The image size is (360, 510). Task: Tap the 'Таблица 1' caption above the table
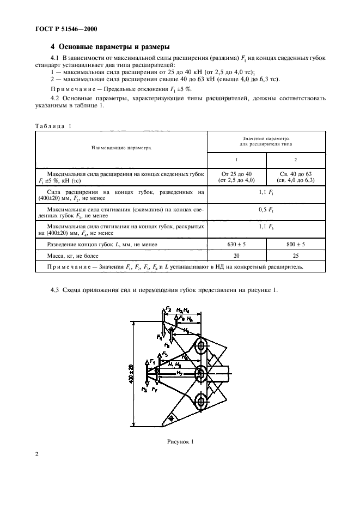click(x=53, y=126)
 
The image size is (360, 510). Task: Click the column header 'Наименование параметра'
click(x=121, y=147)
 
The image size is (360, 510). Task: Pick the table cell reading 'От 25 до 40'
click(x=236, y=174)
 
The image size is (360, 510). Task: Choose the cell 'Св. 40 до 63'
click(x=296, y=174)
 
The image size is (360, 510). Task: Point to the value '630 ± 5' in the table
click(x=236, y=245)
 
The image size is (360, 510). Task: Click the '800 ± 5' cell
click(x=296, y=245)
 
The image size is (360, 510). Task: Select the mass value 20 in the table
click(x=236, y=256)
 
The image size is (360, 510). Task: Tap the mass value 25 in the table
click(x=296, y=256)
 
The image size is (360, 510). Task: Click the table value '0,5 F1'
click(x=266, y=209)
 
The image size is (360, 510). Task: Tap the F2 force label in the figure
click(x=169, y=309)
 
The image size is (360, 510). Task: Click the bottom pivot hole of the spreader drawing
click(x=200, y=402)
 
